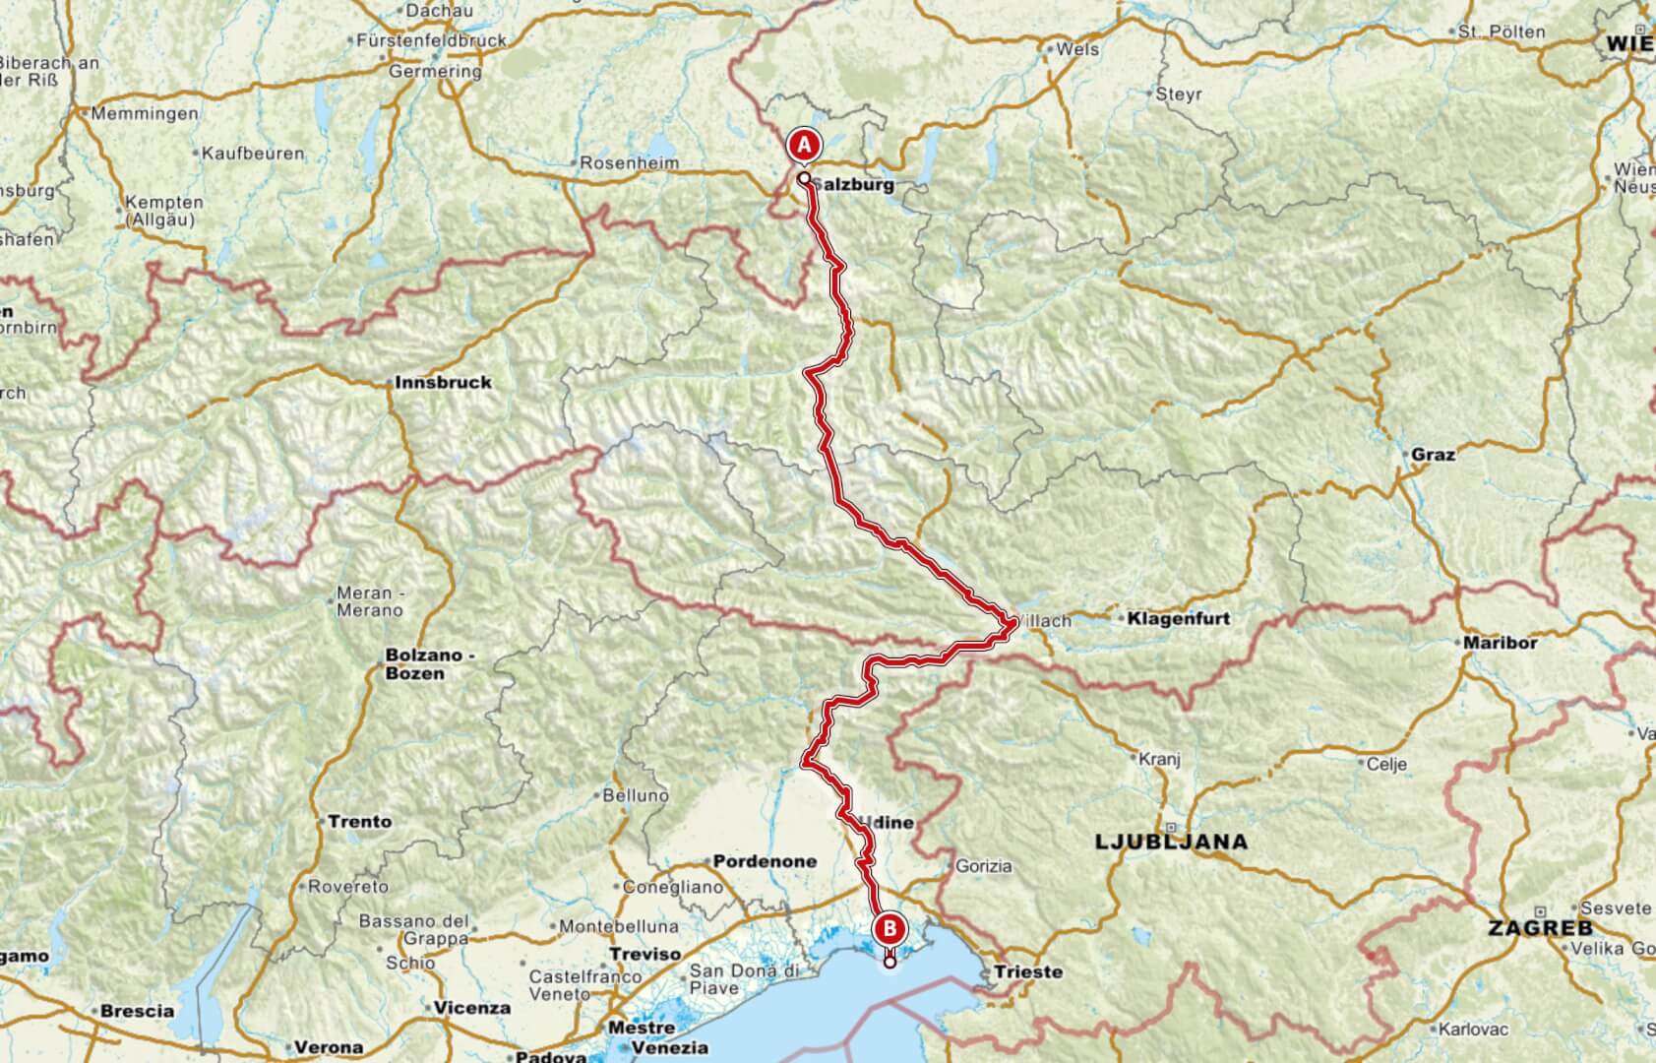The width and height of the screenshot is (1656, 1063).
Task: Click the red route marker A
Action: pyautogui.click(x=803, y=146)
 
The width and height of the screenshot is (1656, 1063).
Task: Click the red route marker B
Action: pyautogui.click(x=889, y=927)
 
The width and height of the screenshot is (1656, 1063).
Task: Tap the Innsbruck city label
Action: pyautogui.click(x=443, y=382)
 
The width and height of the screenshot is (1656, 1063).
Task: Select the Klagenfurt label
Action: pyautogui.click(x=1178, y=619)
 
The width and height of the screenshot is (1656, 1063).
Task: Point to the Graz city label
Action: pyautogui.click(x=1433, y=455)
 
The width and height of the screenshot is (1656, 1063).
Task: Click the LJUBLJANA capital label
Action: pyautogui.click(x=1171, y=842)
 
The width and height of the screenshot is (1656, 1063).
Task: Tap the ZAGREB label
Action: pyautogui.click(x=1539, y=928)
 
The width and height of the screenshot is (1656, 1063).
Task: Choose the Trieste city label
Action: pyautogui.click(x=1028, y=971)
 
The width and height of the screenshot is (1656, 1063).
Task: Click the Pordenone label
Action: pyautogui.click(x=765, y=861)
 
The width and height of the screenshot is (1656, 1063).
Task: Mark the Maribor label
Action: pyautogui.click(x=1501, y=643)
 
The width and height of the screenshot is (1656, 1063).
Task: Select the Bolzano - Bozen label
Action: pyautogui.click(x=414, y=664)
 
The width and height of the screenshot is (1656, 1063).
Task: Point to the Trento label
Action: pyautogui.click(x=359, y=821)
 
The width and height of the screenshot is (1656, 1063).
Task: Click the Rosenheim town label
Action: pyautogui.click(x=630, y=163)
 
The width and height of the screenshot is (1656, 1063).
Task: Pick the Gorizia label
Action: pyautogui.click(x=984, y=866)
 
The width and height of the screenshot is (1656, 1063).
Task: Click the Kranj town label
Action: pyautogui.click(x=1158, y=759)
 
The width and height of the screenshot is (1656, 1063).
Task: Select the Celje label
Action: pyautogui.click(x=1386, y=764)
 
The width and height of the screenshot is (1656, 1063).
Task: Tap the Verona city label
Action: pyautogui.click(x=330, y=1047)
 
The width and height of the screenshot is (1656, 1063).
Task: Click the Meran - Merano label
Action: pyautogui.click(x=369, y=601)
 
